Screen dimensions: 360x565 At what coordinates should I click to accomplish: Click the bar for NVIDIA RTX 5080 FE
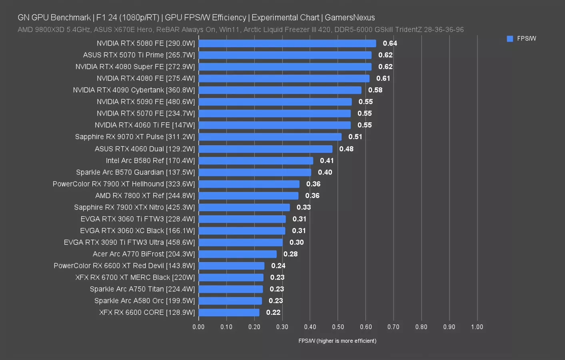(287, 43)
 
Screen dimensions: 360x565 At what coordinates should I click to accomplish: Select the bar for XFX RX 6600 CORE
(229, 312)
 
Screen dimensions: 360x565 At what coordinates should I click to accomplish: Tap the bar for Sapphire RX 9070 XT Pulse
(270, 137)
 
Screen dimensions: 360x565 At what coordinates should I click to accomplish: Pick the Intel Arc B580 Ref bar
(256, 160)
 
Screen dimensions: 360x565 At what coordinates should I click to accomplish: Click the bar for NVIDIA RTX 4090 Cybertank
(280, 90)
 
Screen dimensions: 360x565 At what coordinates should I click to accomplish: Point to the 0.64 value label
(390, 43)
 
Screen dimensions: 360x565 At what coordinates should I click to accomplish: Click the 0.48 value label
(346, 149)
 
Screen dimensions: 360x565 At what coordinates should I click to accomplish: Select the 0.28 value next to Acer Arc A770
(290, 254)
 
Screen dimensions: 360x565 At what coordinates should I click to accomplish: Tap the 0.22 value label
(273, 312)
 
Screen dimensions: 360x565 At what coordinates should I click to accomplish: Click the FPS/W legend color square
(510, 39)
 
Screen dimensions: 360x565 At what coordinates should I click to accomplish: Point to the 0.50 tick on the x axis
(338, 327)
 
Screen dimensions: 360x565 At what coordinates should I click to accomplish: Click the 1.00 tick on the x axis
(477, 327)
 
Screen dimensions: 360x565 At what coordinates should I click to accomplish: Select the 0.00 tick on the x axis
(198, 327)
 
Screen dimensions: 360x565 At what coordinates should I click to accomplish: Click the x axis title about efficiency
(337, 341)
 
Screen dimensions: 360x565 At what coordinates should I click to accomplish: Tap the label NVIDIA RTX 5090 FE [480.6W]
(146, 102)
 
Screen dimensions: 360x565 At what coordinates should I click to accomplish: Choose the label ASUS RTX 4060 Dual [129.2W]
(145, 149)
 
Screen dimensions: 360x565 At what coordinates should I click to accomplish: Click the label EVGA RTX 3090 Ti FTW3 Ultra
(129, 242)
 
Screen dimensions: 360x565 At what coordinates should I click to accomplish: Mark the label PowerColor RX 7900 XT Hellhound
(124, 184)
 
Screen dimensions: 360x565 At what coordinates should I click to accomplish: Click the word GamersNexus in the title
(349, 18)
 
